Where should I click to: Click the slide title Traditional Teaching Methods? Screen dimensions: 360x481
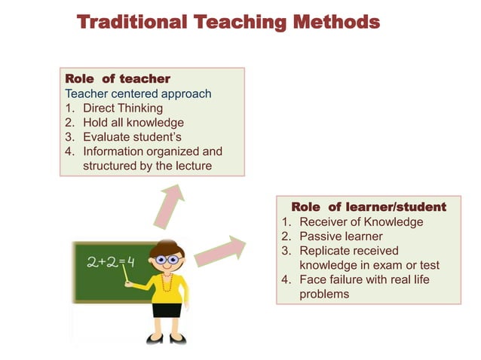pyautogui.click(x=228, y=22)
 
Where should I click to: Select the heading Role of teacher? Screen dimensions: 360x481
pyautogui.click(x=118, y=79)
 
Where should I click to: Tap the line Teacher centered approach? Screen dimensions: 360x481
pyautogui.click(x=138, y=94)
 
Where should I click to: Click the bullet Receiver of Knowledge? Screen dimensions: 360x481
pyautogui.click(x=361, y=222)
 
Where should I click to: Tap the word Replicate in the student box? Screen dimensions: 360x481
pyautogui.click(x=325, y=251)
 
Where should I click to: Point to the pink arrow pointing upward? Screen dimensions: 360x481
pyautogui.click(x=170, y=204)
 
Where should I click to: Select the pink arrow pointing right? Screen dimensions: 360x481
pyautogui.click(x=220, y=252)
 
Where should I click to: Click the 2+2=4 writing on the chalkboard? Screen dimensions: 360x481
pyautogui.click(x=110, y=263)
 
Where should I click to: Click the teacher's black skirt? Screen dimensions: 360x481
pyautogui.click(x=167, y=309)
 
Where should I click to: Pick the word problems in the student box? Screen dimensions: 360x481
pyautogui.click(x=324, y=294)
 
